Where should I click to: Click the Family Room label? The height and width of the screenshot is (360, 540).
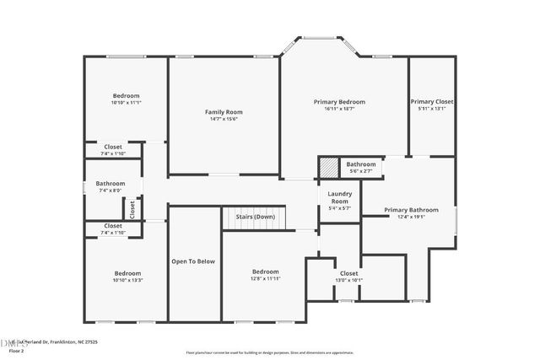click(224, 112)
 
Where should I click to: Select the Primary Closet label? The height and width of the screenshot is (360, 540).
click(432, 101)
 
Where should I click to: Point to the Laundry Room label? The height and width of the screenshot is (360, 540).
click(339, 198)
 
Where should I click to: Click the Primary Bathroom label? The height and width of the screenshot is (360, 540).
click(411, 210)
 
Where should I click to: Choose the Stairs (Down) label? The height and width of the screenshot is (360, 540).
click(255, 217)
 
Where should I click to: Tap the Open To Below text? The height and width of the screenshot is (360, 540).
click(194, 261)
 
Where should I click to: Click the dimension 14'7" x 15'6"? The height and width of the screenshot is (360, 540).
click(224, 119)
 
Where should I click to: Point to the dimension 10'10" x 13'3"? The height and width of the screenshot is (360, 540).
click(127, 280)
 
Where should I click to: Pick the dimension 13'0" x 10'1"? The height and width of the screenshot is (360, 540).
click(348, 280)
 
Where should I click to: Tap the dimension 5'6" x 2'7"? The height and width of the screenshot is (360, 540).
click(360, 171)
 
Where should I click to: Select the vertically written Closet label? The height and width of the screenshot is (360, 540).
click(132, 207)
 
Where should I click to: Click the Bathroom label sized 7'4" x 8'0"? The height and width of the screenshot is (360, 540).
click(110, 184)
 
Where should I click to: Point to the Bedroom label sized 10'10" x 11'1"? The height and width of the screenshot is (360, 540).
click(127, 95)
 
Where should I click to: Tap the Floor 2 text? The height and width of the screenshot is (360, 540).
click(16, 351)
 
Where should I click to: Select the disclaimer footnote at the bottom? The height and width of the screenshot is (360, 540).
click(271, 352)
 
